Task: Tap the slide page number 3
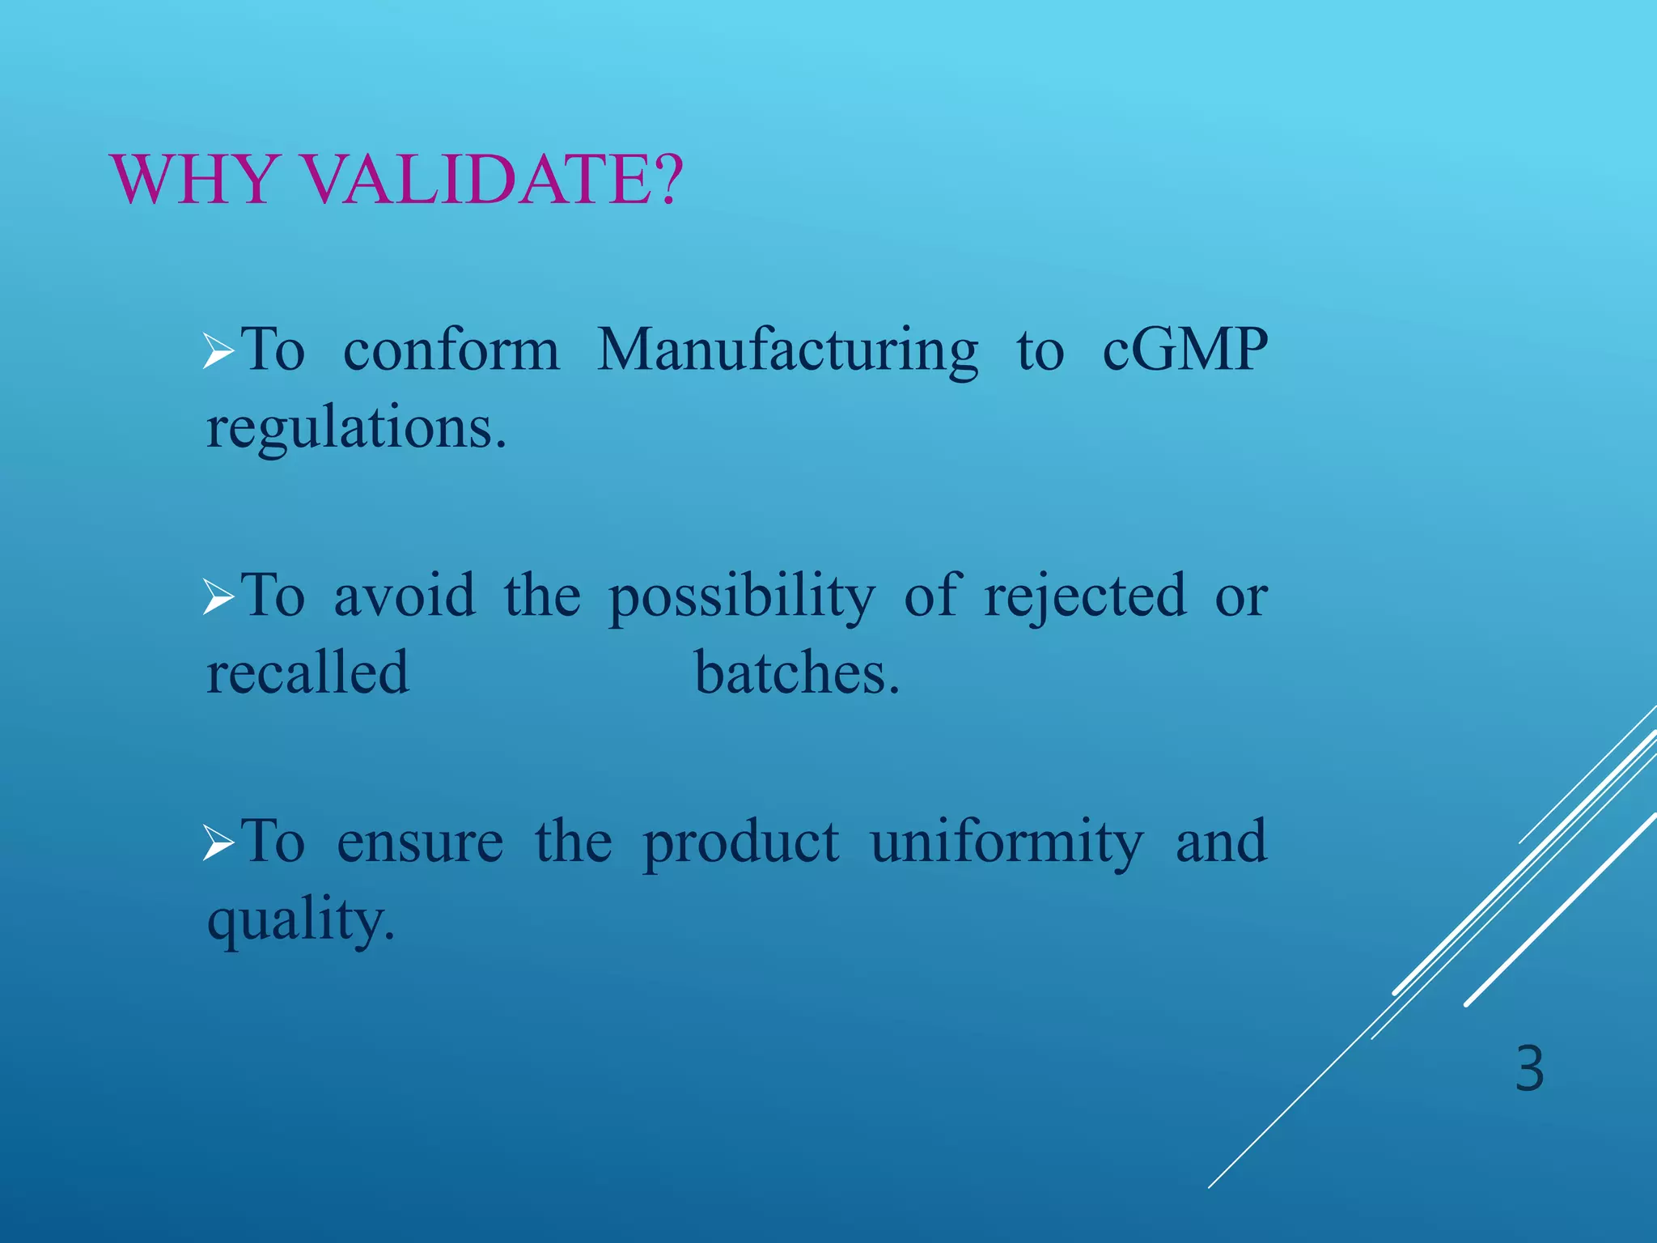tap(1529, 1070)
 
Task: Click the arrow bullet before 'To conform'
tap(218, 352)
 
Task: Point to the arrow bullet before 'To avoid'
tap(218, 598)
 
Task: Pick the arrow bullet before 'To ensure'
tap(218, 843)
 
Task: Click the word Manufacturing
tap(787, 352)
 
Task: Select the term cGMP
tap(1184, 350)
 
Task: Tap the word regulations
tap(356, 429)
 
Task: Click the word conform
tap(451, 350)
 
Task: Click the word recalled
tap(307, 672)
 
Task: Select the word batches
tap(797, 672)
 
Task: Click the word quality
tap(300, 921)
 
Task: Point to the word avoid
tap(405, 596)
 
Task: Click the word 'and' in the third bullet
tap(1220, 842)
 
